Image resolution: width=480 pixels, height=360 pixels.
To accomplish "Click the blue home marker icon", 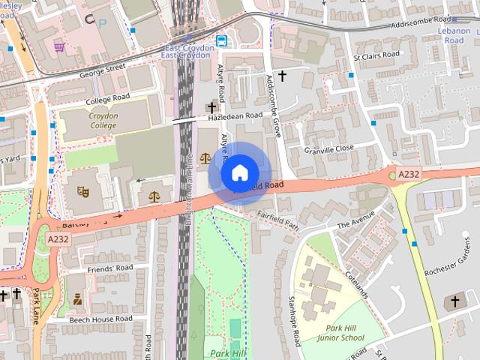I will coord(238,173).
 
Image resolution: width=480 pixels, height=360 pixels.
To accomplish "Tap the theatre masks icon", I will coord(83,192).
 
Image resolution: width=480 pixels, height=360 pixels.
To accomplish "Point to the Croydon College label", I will coord(93,121).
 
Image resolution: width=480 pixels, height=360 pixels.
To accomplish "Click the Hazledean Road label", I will coord(235,116).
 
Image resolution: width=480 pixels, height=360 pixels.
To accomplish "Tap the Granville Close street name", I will coord(328,149).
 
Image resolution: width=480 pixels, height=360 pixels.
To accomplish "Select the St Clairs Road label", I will coord(376,56).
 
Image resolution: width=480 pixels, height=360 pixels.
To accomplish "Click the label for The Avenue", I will coord(355,224).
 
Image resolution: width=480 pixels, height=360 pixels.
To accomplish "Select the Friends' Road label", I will coord(109,268).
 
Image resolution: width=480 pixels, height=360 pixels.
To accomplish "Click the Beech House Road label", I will coord(100,319).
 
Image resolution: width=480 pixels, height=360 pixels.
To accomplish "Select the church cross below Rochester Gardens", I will coord(454,301).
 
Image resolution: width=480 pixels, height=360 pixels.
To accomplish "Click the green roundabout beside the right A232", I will coord(392,175).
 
